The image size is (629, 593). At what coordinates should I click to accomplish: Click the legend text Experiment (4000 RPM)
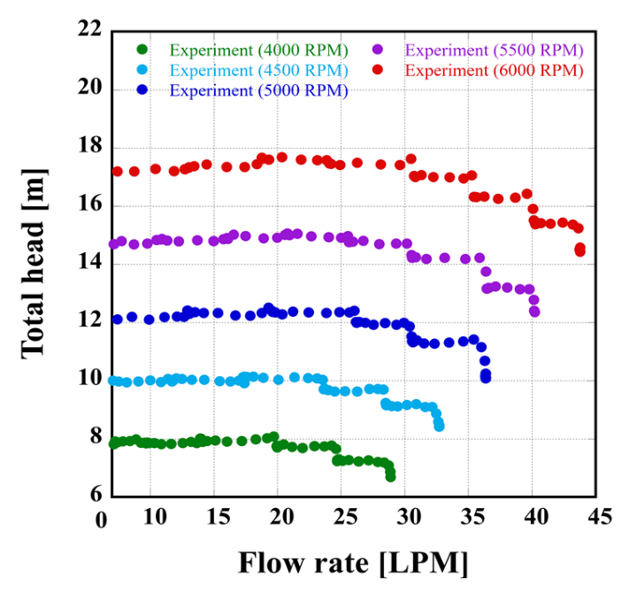[258, 49]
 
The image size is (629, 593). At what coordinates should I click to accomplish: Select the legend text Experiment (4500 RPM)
[258, 70]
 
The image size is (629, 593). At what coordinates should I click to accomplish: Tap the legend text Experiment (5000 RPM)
[258, 90]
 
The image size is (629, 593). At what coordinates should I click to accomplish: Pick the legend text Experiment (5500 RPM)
[495, 49]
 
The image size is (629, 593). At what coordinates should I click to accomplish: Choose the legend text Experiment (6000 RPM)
[495, 70]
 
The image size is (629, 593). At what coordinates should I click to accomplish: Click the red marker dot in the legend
[378, 70]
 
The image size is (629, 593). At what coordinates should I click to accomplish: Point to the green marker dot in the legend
[143, 49]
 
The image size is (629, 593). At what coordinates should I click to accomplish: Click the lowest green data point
[390, 476]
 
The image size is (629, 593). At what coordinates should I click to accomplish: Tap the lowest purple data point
[534, 312]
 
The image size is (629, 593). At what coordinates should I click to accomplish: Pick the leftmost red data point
[117, 171]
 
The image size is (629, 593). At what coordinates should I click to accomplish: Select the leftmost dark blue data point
[117, 319]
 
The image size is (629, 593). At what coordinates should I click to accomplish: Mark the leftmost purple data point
[113, 244]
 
